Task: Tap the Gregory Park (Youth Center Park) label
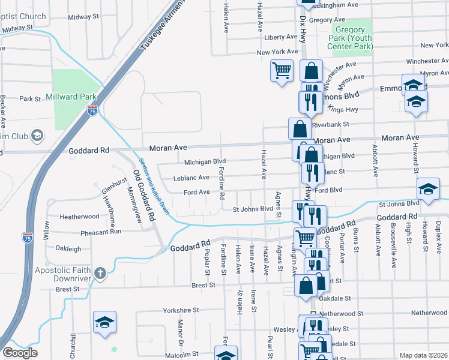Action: tap(350, 38)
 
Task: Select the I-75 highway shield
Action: tap(92, 110)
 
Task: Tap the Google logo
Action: tap(20, 353)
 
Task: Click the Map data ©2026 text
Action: tap(423, 355)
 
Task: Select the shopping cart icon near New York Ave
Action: tap(282, 71)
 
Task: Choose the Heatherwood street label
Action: tap(79, 216)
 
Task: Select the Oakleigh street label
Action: tap(68, 248)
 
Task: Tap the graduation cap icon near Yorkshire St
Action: tap(105, 322)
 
